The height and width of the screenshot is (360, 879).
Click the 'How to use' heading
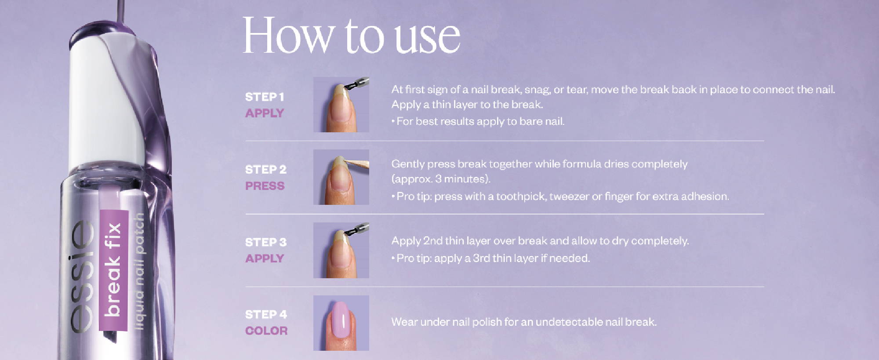pos(351,36)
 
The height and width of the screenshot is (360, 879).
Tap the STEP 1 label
pos(265,97)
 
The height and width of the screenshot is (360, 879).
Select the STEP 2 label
pos(265,169)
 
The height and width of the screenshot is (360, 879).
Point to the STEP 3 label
pos(265,242)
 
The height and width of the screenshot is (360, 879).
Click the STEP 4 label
pos(266,314)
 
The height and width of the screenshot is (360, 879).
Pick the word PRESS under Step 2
pos(265,186)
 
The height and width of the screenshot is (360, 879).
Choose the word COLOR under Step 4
pos(266,331)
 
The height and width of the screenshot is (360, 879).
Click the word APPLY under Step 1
pos(265,113)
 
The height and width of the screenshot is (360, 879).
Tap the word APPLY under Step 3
pos(265,258)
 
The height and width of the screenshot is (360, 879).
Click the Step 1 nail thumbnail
pos(341,105)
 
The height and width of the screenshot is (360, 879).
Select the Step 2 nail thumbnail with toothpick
pos(341,177)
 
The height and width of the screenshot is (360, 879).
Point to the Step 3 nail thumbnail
pos(341,250)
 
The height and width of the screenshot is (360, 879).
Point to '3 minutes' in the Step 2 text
pos(461,179)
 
